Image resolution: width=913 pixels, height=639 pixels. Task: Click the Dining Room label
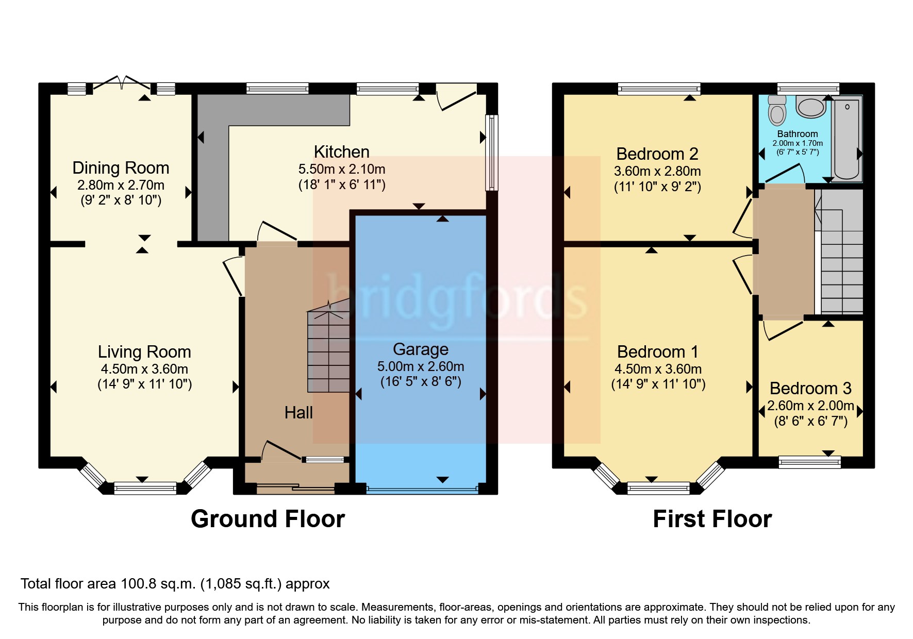pyautogui.click(x=121, y=168)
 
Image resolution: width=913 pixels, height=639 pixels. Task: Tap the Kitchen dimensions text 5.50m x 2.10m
pyautogui.click(x=341, y=169)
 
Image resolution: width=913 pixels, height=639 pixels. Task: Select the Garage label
pyautogui.click(x=420, y=349)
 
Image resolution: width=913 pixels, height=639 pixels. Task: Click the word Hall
pyautogui.click(x=298, y=413)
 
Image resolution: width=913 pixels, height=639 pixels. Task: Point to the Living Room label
pyautogui.click(x=144, y=352)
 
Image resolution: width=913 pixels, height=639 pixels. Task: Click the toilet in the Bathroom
pyautogui.click(x=776, y=111)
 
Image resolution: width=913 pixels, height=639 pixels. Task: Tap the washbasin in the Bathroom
pyautogui.click(x=811, y=107)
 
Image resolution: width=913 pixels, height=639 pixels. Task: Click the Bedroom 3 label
pyautogui.click(x=810, y=389)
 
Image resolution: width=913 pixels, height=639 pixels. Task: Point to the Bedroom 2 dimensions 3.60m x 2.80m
pyautogui.click(x=657, y=171)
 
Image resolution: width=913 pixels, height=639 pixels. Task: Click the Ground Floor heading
pyautogui.click(x=268, y=519)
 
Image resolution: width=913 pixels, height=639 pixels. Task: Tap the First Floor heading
pyautogui.click(x=712, y=519)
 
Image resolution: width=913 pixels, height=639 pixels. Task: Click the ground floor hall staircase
pyautogui.click(x=328, y=350)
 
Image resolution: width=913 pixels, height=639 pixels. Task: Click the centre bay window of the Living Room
pyautogui.click(x=145, y=487)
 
